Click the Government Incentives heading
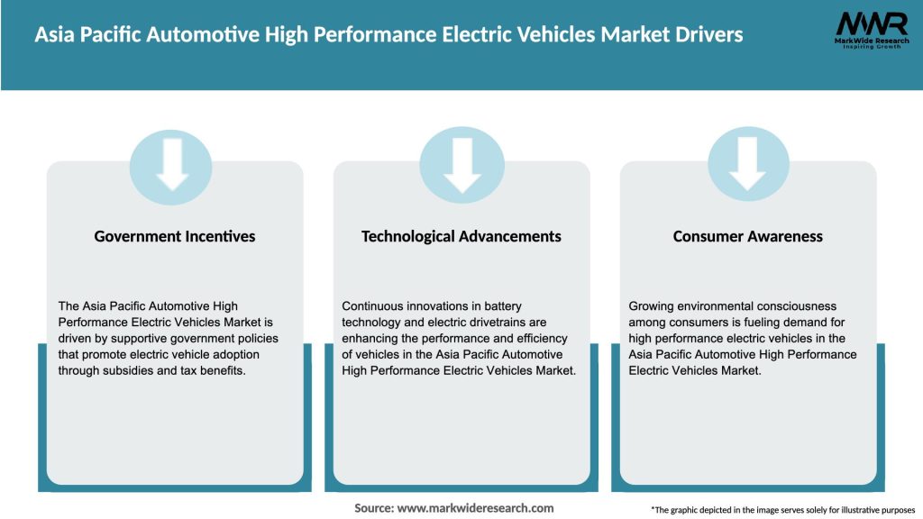click(x=175, y=236)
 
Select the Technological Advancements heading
click(x=461, y=236)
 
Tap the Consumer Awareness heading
click(x=748, y=236)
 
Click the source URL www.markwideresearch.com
click(x=476, y=508)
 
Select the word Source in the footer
click(x=373, y=508)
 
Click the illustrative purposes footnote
click(x=782, y=510)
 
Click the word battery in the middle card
click(x=501, y=306)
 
